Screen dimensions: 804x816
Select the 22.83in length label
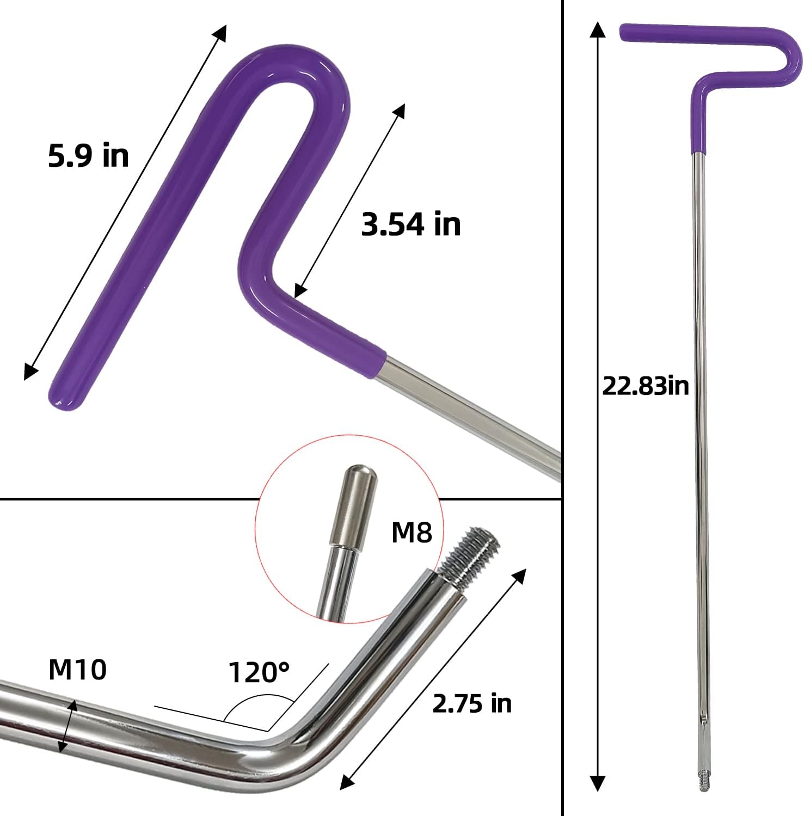point(646,386)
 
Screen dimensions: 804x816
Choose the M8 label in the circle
point(412,533)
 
